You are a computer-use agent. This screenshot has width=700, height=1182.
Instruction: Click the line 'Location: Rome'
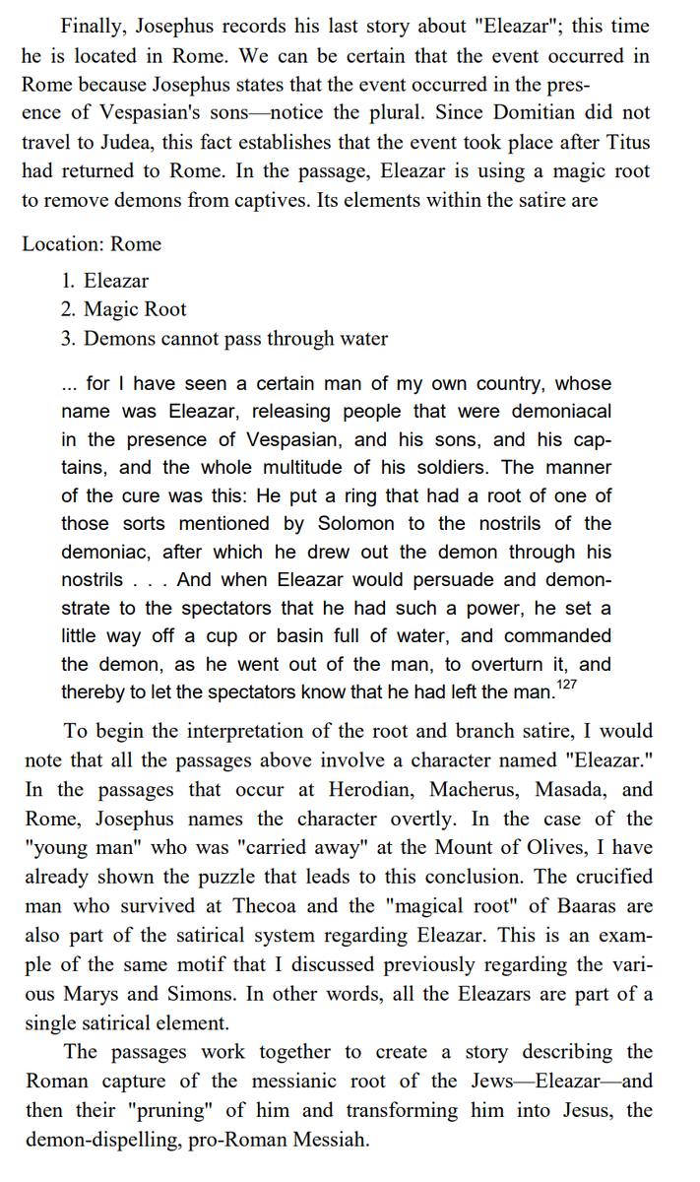point(92,243)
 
